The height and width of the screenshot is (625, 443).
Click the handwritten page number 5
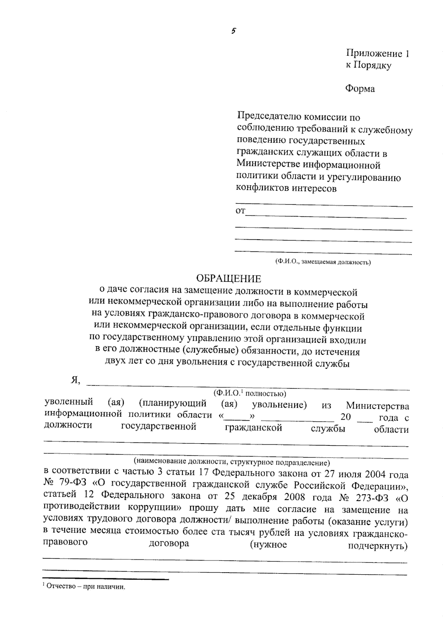(234, 31)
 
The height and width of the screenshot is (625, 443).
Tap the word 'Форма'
(360, 89)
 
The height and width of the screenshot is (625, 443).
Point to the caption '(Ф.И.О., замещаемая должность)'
(323, 262)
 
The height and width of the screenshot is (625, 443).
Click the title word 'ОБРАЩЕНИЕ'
(228, 278)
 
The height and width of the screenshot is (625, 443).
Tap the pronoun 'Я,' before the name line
(75, 380)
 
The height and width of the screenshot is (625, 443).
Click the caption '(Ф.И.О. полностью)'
(250, 393)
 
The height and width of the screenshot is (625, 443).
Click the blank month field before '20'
(298, 419)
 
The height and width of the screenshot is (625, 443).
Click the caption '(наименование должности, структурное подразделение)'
(231, 462)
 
